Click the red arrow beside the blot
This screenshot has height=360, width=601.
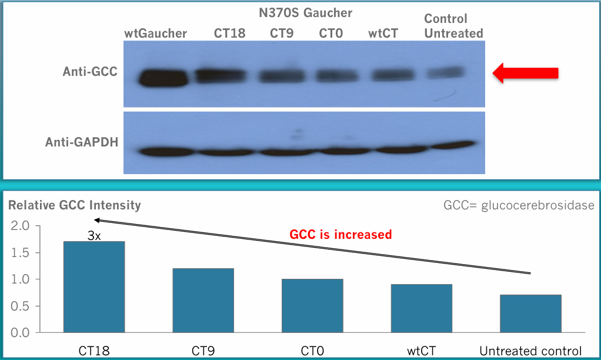[525, 73]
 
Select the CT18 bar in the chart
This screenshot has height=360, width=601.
[95, 286]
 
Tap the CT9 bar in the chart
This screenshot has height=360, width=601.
[203, 300]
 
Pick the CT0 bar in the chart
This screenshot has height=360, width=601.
[312, 305]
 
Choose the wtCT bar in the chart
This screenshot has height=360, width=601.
[422, 308]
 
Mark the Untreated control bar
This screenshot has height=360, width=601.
[530, 314]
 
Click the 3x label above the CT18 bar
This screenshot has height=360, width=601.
[94, 236]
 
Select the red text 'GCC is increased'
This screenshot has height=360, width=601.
[340, 234]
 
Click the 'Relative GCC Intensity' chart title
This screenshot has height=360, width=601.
[74, 205]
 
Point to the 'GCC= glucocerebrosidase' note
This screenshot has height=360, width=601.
[519, 205]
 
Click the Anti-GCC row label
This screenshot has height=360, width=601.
[90, 72]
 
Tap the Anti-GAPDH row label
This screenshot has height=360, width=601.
[81, 142]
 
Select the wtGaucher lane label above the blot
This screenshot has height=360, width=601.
[155, 34]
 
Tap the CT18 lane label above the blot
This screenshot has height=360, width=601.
[229, 34]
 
